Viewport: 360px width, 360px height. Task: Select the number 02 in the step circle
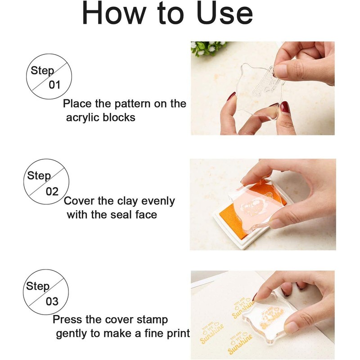[53, 191]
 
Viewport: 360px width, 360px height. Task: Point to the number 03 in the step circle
[52, 301]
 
